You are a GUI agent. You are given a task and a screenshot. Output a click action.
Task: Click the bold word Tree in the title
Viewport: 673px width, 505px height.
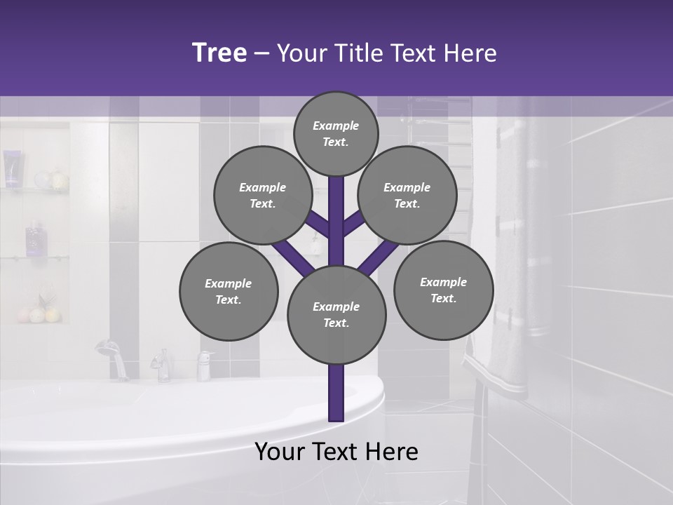point(219,53)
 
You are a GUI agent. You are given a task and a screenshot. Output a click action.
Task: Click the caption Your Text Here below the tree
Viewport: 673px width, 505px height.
point(336,452)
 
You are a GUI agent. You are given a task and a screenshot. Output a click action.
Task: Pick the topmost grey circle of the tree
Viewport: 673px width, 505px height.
point(336,133)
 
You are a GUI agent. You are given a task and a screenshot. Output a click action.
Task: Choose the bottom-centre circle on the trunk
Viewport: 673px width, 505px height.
point(336,315)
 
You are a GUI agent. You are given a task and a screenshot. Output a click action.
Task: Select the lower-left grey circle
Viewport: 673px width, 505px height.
point(229,291)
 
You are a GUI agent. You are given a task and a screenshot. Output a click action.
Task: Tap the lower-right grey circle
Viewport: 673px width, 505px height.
point(443,290)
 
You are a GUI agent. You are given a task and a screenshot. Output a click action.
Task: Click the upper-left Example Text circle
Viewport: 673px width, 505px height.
point(263,195)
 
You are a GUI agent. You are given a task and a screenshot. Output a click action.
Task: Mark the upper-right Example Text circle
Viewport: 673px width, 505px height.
point(407,195)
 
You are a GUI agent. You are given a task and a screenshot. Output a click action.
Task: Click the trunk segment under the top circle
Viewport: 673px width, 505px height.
point(336,210)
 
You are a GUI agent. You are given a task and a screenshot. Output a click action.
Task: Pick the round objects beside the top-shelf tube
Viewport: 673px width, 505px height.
point(51,180)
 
